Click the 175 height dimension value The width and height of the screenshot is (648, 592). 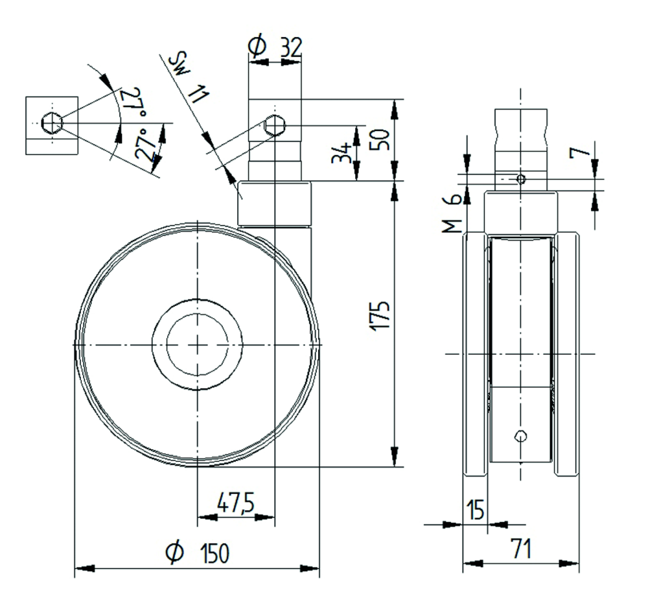[x=382, y=316]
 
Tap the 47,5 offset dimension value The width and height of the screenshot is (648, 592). [x=236, y=503]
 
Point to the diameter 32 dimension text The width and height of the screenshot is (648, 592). [x=275, y=46]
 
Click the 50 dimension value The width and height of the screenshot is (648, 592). [x=382, y=139]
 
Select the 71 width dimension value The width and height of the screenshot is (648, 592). [x=520, y=550]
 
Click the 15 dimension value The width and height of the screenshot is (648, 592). [x=475, y=510]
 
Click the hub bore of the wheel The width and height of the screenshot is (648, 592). [x=197, y=344]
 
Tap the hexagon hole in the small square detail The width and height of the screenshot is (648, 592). [x=51, y=122]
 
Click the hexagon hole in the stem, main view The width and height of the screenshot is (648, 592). [x=275, y=125]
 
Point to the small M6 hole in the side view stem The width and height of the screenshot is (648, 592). [x=520, y=178]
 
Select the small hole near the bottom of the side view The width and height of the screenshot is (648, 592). [x=520, y=436]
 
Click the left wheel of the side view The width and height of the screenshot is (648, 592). [x=475, y=355]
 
